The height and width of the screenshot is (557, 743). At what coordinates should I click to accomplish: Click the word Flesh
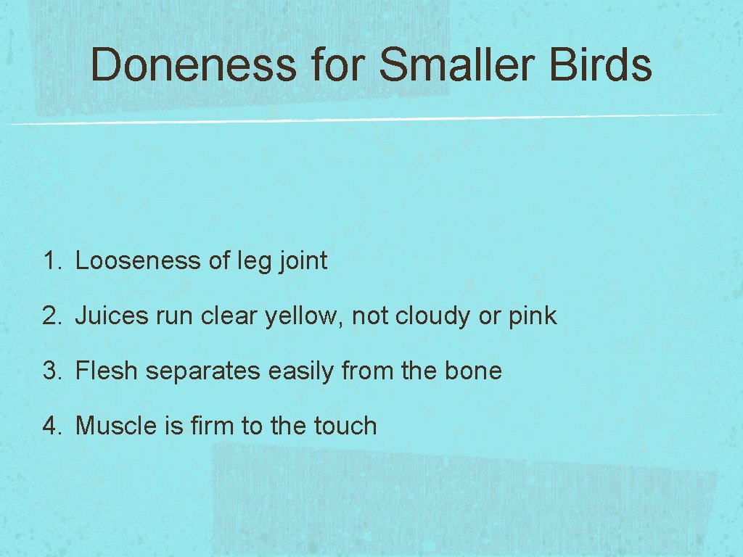tap(107, 371)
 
